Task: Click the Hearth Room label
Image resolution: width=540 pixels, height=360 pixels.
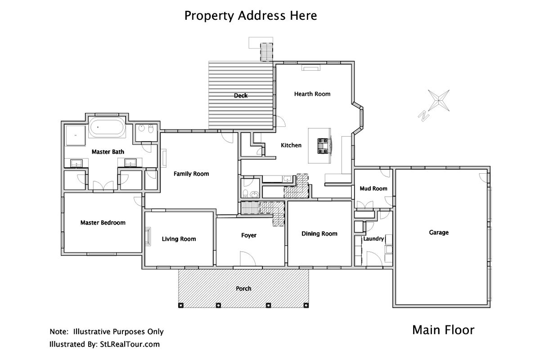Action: tap(312, 94)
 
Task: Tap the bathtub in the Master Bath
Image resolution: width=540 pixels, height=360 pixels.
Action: tap(107, 127)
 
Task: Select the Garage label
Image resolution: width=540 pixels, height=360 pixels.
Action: tap(439, 233)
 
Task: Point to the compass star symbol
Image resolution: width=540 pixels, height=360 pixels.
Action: tap(439, 100)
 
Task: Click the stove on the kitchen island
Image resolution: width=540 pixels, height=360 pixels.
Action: tap(324, 146)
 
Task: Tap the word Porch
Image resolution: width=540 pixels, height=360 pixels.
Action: tap(243, 288)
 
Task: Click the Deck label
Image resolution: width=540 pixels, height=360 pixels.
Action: tap(241, 96)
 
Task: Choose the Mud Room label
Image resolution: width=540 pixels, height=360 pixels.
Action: tap(373, 189)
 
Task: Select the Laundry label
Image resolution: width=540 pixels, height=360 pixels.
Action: tap(373, 238)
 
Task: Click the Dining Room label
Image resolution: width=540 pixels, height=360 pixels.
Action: tap(319, 234)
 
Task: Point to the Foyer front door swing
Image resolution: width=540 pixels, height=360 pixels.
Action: tap(248, 259)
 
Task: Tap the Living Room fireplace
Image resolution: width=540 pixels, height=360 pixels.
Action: tap(148, 237)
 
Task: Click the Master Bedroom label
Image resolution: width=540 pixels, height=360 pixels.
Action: tap(103, 223)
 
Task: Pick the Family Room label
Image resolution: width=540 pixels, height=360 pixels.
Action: tap(191, 174)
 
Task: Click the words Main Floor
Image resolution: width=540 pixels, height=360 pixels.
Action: tap(443, 330)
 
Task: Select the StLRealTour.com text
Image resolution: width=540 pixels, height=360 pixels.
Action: tap(130, 344)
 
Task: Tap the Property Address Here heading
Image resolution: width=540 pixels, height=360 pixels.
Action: tap(251, 16)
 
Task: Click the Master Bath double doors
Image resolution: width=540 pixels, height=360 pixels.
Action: tap(103, 186)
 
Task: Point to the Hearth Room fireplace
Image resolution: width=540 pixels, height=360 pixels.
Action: tap(311, 68)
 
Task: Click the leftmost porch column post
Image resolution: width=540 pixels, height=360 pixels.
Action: tap(181, 306)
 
